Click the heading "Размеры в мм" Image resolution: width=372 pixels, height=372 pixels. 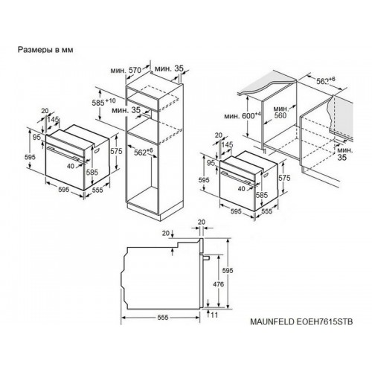(45, 50)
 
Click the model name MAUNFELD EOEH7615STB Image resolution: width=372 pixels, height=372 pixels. (301, 321)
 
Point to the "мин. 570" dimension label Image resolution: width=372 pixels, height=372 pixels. (126, 70)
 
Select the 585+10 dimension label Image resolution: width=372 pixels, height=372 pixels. (103, 102)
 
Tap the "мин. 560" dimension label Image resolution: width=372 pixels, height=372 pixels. (280, 112)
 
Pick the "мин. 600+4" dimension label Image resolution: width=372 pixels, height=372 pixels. (243, 115)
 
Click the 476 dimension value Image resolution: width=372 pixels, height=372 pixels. (218, 284)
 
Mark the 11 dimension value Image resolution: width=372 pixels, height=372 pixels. (214, 315)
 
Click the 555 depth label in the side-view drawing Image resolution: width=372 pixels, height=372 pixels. (163, 318)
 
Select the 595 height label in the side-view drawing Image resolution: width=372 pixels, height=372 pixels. (228, 270)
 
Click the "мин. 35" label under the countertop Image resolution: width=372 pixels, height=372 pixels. (344, 154)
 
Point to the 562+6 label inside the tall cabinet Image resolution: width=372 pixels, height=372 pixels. (144, 152)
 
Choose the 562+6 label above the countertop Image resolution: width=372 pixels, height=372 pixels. (326, 80)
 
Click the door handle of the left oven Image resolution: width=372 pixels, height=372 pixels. (64, 153)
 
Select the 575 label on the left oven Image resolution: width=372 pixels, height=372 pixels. (116, 151)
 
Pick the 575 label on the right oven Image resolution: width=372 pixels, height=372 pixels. (284, 178)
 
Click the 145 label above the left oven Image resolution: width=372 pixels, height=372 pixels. (54, 120)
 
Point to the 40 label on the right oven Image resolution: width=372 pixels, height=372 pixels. (241, 189)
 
